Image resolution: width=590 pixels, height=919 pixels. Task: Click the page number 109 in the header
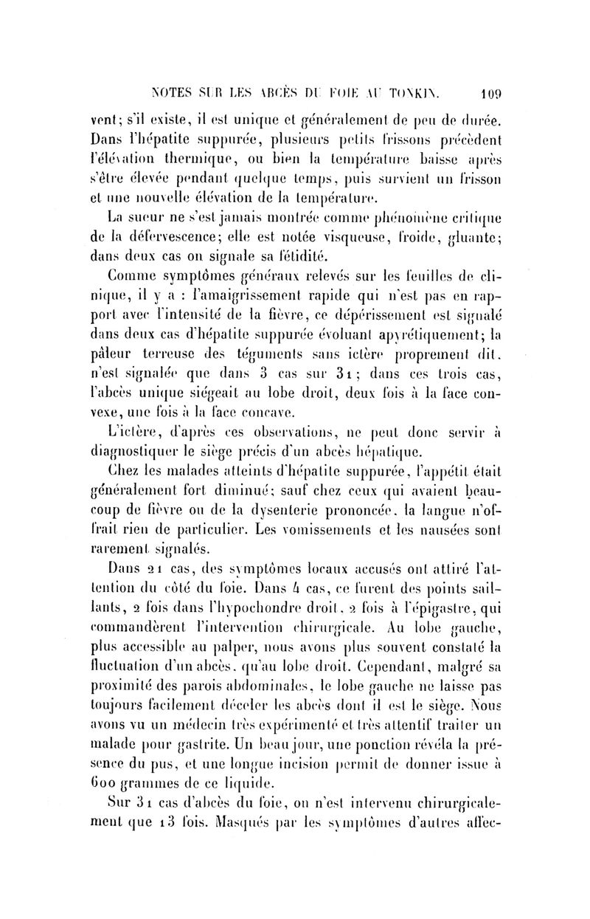(490, 94)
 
